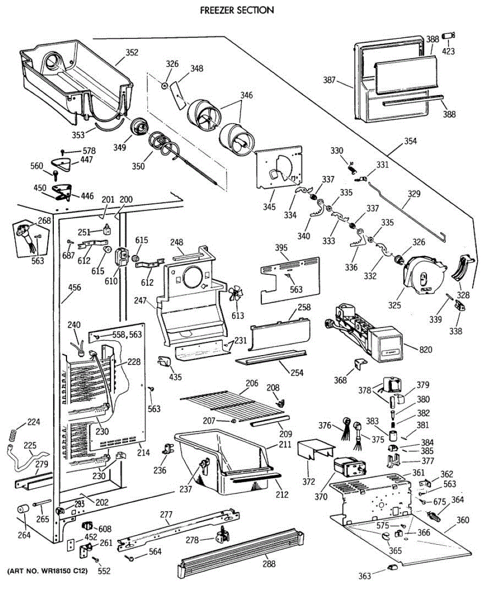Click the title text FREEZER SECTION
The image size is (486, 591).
point(237,10)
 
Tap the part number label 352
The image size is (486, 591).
point(132,52)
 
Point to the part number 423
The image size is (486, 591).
point(448,51)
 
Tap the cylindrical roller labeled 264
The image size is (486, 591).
point(23,509)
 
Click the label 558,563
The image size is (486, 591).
point(127,334)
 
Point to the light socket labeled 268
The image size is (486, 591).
point(26,236)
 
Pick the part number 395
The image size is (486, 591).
point(281,248)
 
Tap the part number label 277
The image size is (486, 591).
point(166,515)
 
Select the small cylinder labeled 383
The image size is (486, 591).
point(393,436)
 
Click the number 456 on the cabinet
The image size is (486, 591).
point(74,287)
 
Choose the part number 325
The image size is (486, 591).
point(394,305)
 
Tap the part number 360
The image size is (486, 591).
point(463,520)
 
